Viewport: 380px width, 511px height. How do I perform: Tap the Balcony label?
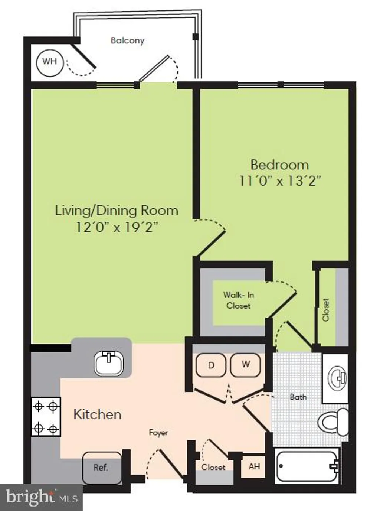point(128,41)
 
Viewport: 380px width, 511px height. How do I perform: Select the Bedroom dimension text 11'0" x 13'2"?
point(279,180)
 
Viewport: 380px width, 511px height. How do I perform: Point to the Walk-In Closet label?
point(238,300)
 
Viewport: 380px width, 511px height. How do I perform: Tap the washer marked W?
point(246,365)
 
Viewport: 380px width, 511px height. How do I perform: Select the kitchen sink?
point(108,364)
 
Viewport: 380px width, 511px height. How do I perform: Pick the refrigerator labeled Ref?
point(102,466)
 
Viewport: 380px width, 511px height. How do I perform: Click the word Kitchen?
point(98,415)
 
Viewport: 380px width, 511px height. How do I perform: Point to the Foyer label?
point(158,433)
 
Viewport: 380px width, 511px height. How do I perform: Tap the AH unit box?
point(254,466)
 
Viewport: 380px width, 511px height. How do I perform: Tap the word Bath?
point(298,397)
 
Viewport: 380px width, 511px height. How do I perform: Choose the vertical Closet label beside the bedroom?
point(326,310)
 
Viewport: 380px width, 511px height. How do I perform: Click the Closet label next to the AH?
point(213,467)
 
